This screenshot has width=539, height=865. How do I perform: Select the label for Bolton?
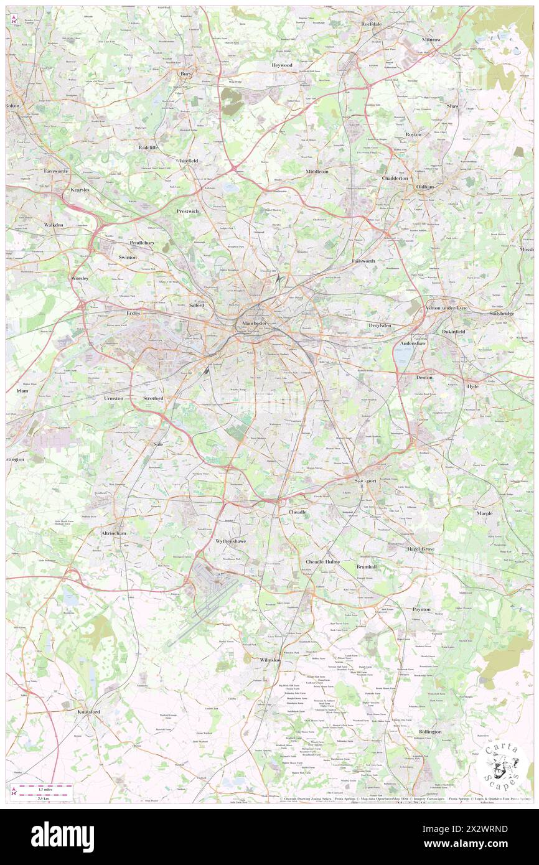(x=13, y=106)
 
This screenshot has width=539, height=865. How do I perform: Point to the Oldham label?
(x=425, y=187)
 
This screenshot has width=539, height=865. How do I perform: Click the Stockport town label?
(x=360, y=481)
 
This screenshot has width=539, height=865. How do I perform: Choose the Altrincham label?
(x=114, y=533)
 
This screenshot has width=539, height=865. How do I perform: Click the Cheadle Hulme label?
(x=322, y=561)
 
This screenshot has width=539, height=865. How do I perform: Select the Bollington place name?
(x=429, y=732)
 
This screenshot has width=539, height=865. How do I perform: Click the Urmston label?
(x=114, y=398)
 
